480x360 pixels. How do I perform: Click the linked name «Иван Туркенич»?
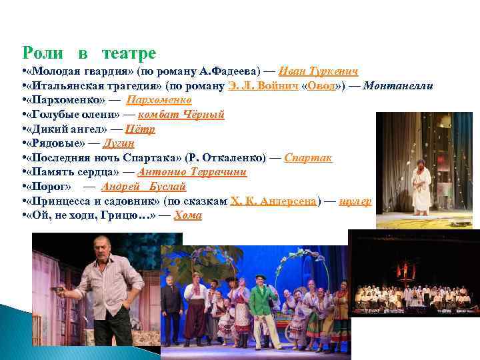(x=319, y=71)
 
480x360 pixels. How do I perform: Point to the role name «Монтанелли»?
(x=399, y=85)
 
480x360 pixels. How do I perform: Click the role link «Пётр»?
(x=140, y=129)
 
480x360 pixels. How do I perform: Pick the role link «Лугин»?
(x=120, y=143)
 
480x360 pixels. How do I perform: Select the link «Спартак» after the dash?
(x=308, y=158)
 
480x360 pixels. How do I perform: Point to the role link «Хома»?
(x=187, y=215)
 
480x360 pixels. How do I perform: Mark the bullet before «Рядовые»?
(x=24, y=143)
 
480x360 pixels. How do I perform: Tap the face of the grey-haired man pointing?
(x=105, y=251)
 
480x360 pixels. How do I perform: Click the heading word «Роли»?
(x=43, y=53)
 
